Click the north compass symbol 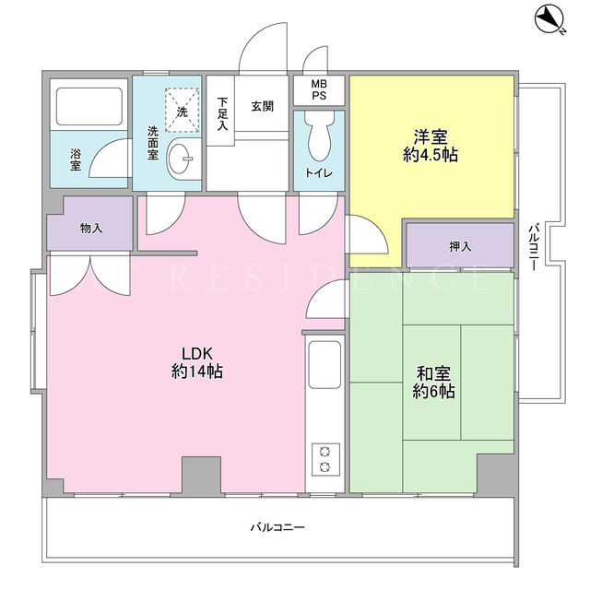tap(549, 18)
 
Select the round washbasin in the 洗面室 tap(180, 159)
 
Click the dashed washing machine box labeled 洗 tap(182, 110)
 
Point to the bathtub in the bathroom tap(89, 107)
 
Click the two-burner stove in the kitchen tap(325, 460)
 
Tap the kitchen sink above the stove tap(324, 365)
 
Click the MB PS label tap(319, 89)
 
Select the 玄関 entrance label tap(262, 107)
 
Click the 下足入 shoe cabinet tap(220, 111)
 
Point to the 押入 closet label tap(460, 246)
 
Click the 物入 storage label tap(91, 228)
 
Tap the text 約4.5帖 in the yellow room tap(431, 155)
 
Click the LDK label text tap(197, 354)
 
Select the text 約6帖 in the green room tap(433, 392)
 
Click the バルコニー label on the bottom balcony tap(277, 527)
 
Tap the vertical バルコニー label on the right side tap(533, 247)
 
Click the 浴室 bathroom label tap(76, 159)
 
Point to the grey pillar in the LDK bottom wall tap(201, 475)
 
